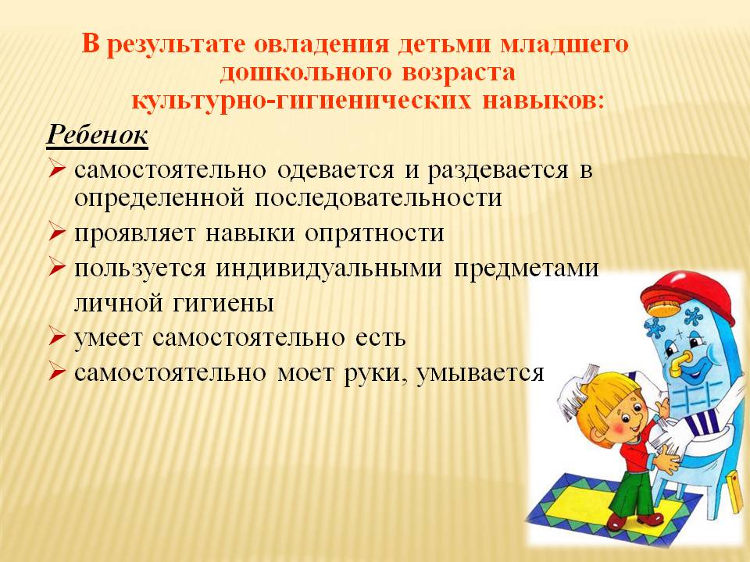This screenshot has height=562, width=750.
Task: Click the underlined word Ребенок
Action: click(x=97, y=135)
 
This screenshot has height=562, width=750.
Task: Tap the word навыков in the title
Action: click(x=543, y=101)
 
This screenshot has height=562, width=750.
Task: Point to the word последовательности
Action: click(x=378, y=197)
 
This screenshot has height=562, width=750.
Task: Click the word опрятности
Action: click(x=374, y=233)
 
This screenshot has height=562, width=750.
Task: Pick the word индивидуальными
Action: click(x=329, y=269)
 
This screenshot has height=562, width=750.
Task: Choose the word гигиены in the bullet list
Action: click(x=223, y=303)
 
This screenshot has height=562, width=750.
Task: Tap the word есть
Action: click(x=380, y=338)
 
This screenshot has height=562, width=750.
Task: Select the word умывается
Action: click(x=480, y=373)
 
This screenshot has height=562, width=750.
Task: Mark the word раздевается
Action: click(x=498, y=171)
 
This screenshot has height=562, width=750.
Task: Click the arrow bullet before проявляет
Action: click(x=56, y=233)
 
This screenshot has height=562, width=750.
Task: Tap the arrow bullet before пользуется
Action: click(x=56, y=267)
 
